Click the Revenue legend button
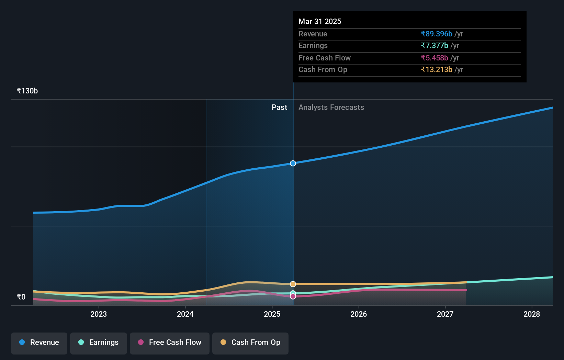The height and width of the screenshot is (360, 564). pyautogui.click(x=39, y=342)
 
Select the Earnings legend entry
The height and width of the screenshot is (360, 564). pyautogui.click(x=99, y=342)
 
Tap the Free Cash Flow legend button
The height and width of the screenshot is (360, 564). pyautogui.click(x=170, y=342)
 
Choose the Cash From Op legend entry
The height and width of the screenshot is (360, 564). pyautogui.click(x=250, y=342)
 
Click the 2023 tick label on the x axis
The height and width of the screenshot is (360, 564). pyautogui.click(x=99, y=314)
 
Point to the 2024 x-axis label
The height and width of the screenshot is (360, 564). pyautogui.click(x=185, y=314)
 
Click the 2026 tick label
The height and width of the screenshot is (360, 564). pyautogui.click(x=359, y=314)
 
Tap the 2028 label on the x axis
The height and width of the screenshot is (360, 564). pyautogui.click(x=532, y=314)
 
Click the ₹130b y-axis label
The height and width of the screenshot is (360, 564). pyautogui.click(x=27, y=91)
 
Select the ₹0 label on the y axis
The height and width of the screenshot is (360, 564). pyautogui.click(x=21, y=297)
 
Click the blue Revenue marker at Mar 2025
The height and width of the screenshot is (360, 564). pyautogui.click(x=293, y=163)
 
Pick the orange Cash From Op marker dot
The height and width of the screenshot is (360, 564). pyautogui.click(x=293, y=284)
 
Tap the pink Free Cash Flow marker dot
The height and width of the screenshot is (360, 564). pyautogui.click(x=293, y=296)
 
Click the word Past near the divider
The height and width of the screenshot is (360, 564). pyautogui.click(x=279, y=108)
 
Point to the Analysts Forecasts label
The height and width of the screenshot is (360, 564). pyautogui.click(x=331, y=108)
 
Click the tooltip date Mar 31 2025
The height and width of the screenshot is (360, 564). pyautogui.click(x=320, y=21)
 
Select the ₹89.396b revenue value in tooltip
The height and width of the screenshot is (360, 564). pyautogui.click(x=437, y=34)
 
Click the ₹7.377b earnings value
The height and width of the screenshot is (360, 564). pyautogui.click(x=435, y=46)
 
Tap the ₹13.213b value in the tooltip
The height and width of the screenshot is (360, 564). pyautogui.click(x=437, y=70)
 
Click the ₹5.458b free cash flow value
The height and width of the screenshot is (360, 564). pyautogui.click(x=435, y=58)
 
